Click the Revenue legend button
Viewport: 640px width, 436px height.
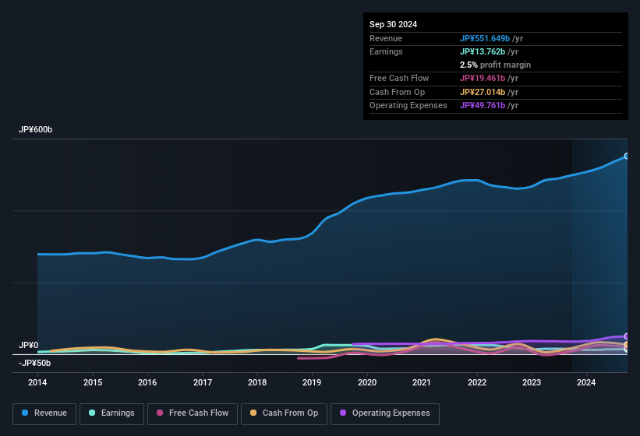click(44, 413)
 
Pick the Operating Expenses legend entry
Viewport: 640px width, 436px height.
click(384, 413)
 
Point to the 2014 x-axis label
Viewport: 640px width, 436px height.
click(37, 382)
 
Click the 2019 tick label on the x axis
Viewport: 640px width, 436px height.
click(312, 382)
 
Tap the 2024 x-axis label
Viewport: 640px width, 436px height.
click(586, 382)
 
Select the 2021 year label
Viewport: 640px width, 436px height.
click(422, 382)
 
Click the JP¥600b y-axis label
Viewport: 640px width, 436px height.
click(35, 130)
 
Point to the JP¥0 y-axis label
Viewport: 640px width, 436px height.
click(29, 345)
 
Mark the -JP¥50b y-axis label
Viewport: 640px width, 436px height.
click(35, 363)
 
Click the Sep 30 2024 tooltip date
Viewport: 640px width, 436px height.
click(393, 24)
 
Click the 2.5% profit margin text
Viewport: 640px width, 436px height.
click(495, 65)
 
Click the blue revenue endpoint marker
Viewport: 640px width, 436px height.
click(626, 156)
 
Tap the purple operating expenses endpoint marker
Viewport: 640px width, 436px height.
click(626, 336)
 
